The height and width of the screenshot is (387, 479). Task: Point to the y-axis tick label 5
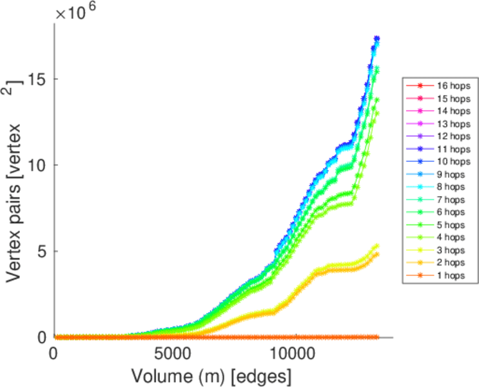click(43, 251)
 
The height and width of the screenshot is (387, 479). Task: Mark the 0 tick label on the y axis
click(43, 337)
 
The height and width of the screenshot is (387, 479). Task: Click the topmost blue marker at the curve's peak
click(377, 39)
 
